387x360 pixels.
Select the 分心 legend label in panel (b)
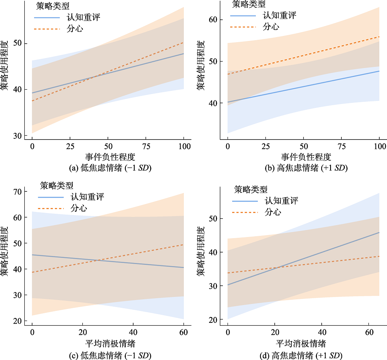[271, 27]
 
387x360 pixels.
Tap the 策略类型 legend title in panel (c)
[57, 186]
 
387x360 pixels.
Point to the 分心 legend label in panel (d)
[273, 212]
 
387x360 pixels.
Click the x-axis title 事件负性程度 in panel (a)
[107, 157]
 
